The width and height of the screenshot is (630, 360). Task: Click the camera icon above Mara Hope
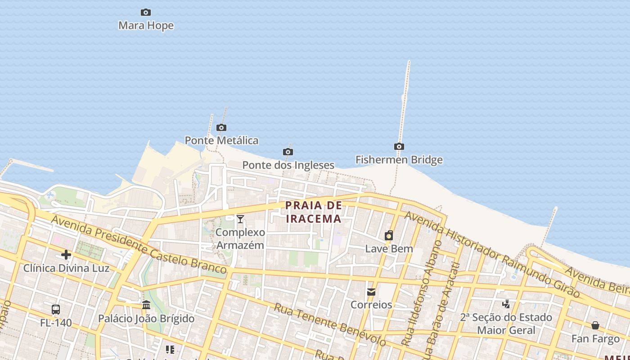[146, 12]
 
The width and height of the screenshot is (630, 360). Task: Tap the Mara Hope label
[146, 26]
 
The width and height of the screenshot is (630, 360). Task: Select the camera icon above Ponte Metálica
[221, 127]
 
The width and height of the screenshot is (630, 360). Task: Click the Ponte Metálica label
[221, 140]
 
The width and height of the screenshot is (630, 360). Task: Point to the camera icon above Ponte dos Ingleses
[288, 152]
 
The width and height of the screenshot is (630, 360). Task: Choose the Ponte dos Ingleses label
[288, 165]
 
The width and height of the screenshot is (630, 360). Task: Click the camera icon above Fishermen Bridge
[399, 146]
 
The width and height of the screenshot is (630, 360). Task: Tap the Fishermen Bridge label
[399, 160]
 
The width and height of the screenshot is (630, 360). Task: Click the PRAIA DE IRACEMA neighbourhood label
[314, 212]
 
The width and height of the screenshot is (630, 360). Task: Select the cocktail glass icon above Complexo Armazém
[240, 219]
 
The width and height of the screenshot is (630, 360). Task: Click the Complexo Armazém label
[240, 239]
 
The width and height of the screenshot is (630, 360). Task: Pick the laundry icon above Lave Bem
[389, 235]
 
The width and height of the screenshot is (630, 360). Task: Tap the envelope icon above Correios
[371, 292]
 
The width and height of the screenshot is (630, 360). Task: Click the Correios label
[371, 305]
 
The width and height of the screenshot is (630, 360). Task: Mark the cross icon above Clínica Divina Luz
[66, 255]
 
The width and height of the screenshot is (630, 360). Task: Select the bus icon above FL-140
[56, 310]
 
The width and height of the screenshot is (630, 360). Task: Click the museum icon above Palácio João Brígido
[146, 305]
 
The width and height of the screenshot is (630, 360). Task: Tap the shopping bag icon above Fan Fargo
[595, 325]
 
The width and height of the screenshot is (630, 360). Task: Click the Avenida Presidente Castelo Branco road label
[139, 244]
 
